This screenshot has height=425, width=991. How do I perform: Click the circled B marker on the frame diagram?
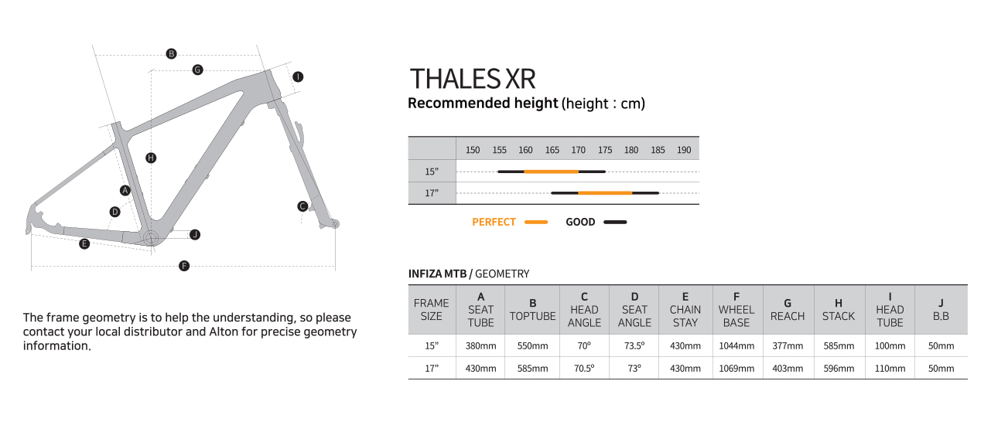point(171,54)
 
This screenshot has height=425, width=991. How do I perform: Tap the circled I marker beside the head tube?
point(298,76)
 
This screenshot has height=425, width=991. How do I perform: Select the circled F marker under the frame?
point(184,266)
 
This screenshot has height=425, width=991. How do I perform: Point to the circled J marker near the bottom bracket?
point(195,235)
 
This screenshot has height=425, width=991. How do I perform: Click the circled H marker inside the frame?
point(151,158)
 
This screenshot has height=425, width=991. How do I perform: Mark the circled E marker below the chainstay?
point(84,244)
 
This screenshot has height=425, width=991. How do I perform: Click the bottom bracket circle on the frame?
point(151,238)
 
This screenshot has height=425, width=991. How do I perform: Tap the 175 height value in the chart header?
point(605,150)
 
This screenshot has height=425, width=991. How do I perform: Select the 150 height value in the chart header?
point(473,150)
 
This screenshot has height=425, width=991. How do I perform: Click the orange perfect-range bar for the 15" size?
point(552,172)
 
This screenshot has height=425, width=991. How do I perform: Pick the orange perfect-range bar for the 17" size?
point(605,193)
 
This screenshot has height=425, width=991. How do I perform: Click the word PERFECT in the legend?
point(494,223)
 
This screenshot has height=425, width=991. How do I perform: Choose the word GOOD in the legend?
point(580,223)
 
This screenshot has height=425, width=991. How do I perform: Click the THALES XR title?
point(473,79)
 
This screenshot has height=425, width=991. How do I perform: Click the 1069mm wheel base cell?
point(736,369)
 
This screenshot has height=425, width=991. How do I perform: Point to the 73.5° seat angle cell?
point(634,346)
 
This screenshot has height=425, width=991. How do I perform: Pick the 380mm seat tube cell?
point(481,346)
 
